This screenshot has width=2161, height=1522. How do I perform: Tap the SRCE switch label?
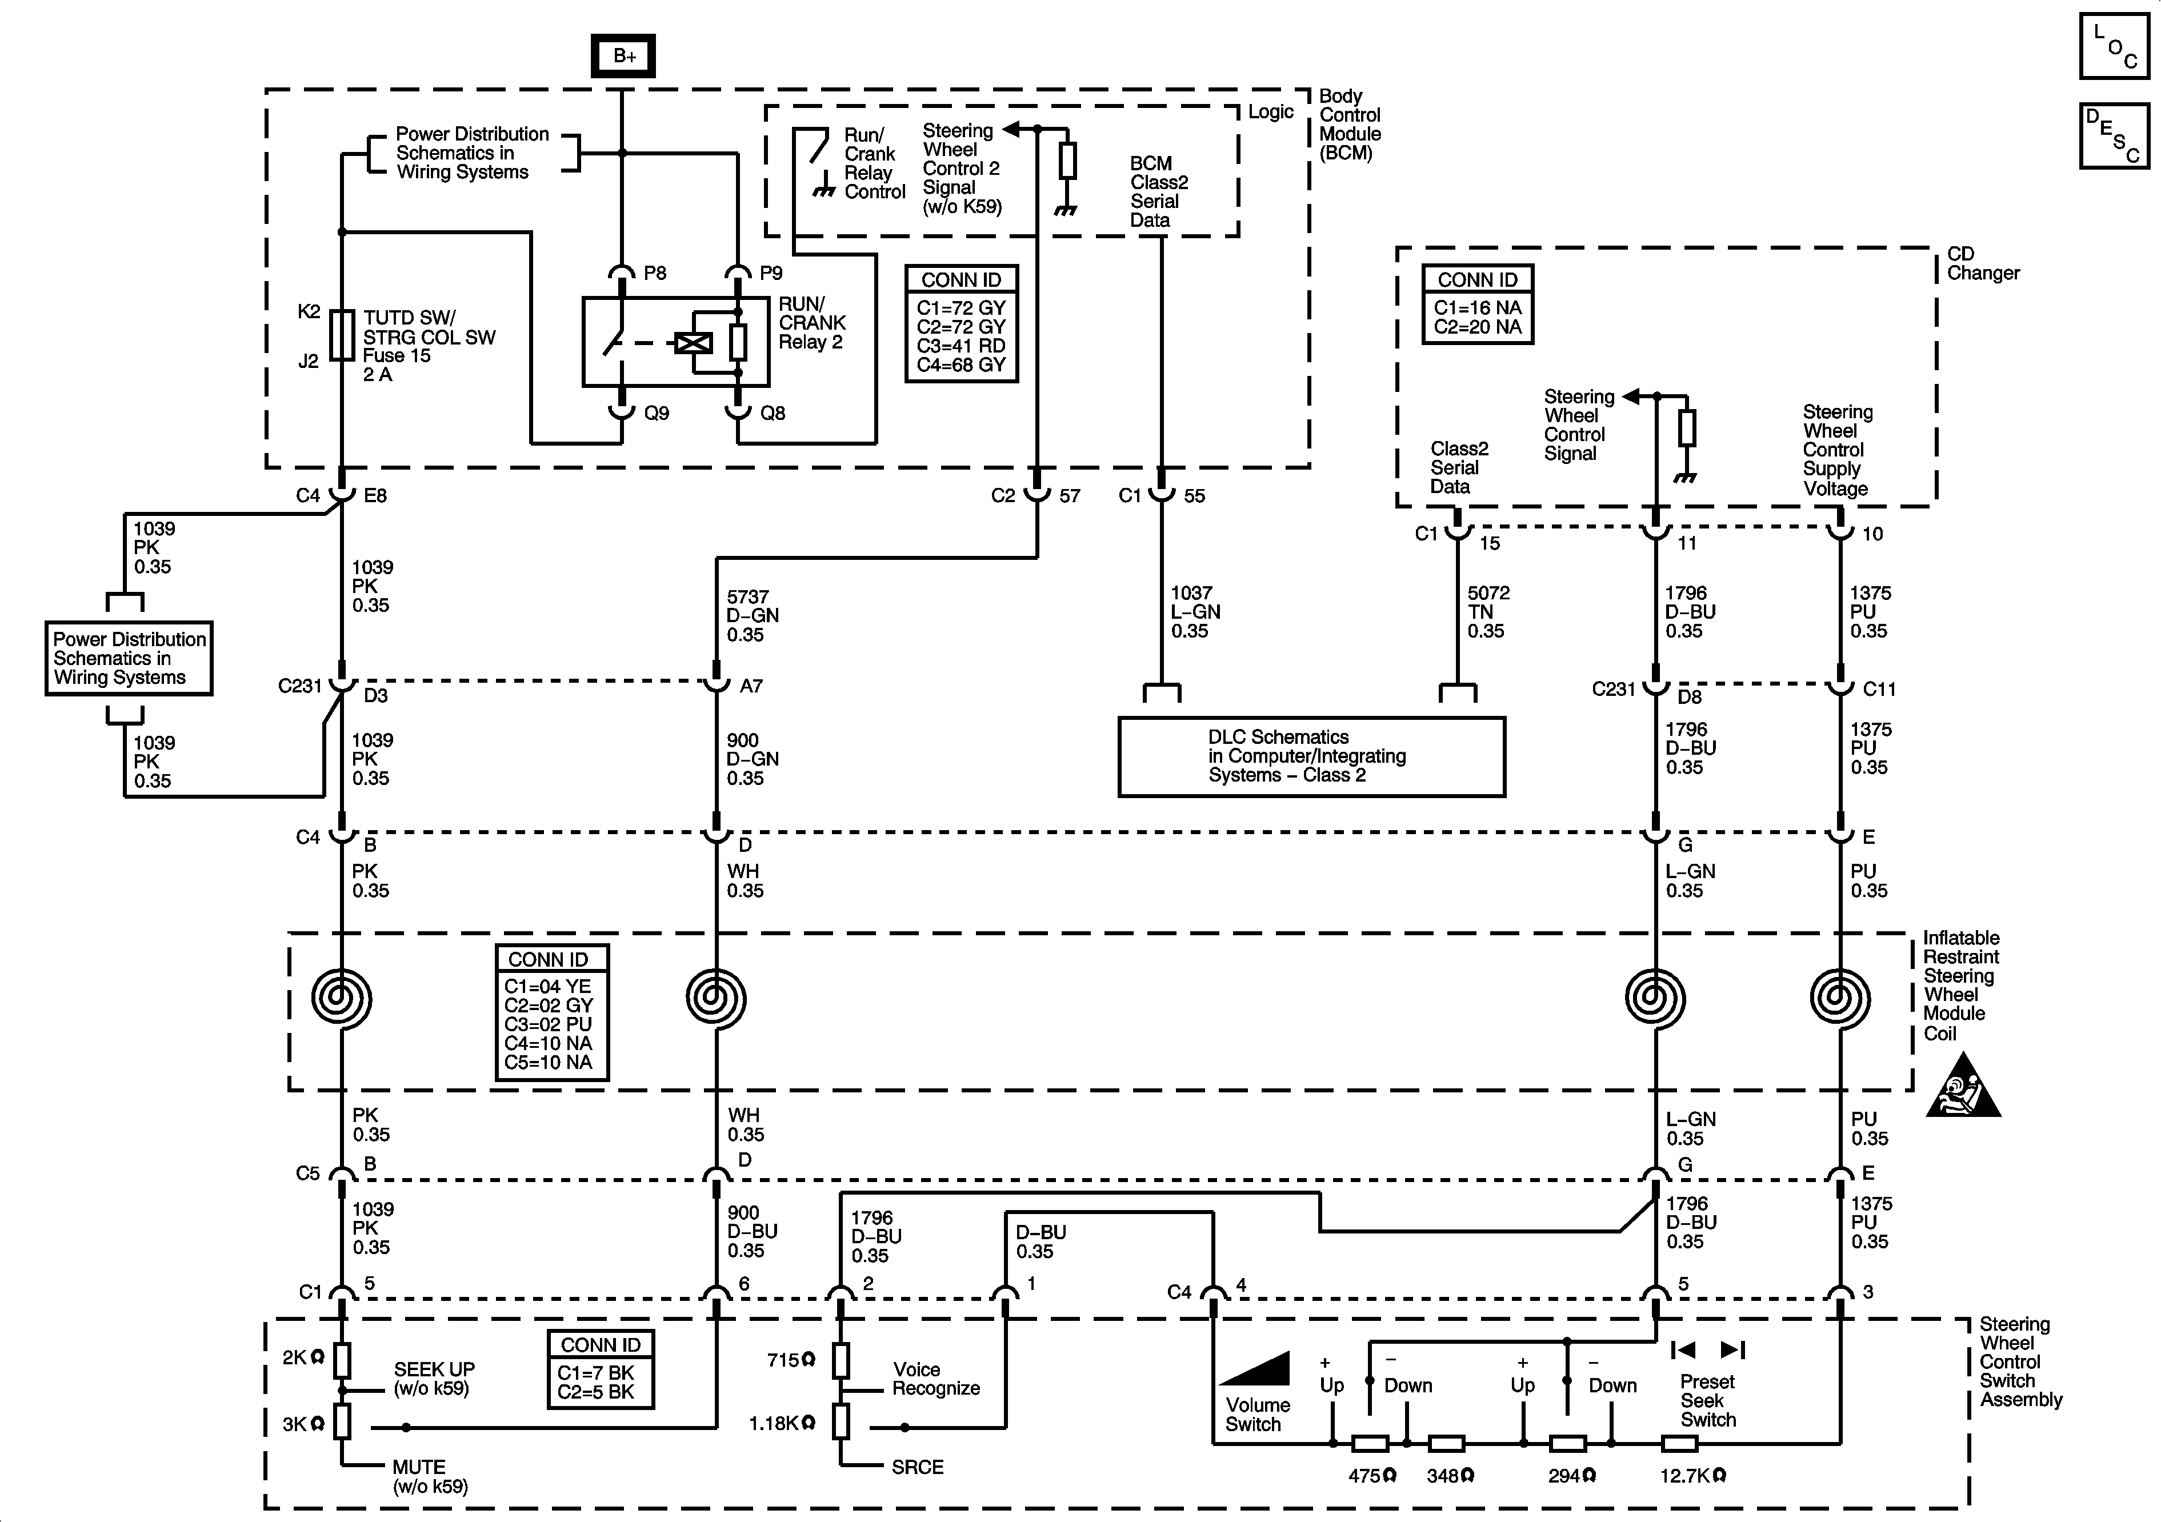917,1467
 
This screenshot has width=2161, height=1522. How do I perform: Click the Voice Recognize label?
935,1379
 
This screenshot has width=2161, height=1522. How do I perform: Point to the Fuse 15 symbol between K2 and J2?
343,335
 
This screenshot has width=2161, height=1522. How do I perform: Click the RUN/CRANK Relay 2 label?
811,323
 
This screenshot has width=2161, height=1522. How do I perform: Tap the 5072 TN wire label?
1488,612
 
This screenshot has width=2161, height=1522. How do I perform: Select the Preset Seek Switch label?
1707,1400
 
